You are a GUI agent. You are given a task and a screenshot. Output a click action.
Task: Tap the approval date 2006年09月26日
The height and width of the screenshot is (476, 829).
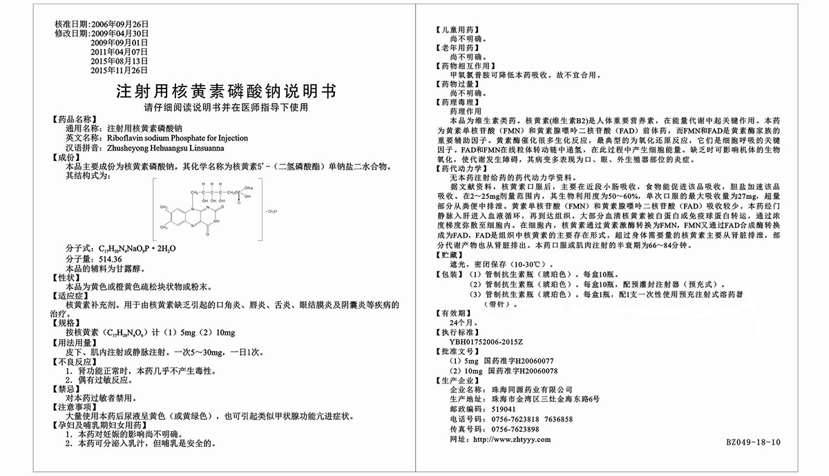pyautogui.click(x=120, y=24)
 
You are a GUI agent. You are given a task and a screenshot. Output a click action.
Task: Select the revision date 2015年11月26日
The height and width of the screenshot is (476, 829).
pyautogui.click(x=120, y=70)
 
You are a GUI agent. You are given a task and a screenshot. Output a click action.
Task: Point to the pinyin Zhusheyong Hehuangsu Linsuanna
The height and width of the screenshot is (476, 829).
pyautogui.click(x=165, y=148)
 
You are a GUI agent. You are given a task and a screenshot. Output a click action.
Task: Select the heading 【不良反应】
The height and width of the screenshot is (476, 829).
pyautogui.click(x=75, y=361)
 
